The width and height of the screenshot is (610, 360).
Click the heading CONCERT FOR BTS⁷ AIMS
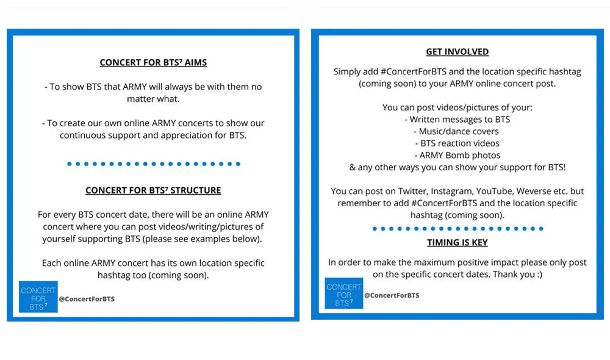pos(153,62)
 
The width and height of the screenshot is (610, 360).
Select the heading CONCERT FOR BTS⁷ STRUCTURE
pos(153,190)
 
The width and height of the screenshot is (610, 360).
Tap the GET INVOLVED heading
pos(457,52)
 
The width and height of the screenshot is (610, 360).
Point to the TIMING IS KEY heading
pos(457,242)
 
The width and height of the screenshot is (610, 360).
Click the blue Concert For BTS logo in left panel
pos(38,297)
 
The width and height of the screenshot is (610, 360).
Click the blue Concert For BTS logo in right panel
pos(344,294)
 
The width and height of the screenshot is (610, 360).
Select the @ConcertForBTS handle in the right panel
pos(392,295)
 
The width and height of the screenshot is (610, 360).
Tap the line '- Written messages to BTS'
pos(457,120)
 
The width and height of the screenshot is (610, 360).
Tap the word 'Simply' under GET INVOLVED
pos(348,71)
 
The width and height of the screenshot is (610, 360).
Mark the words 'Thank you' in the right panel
pos(508,275)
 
